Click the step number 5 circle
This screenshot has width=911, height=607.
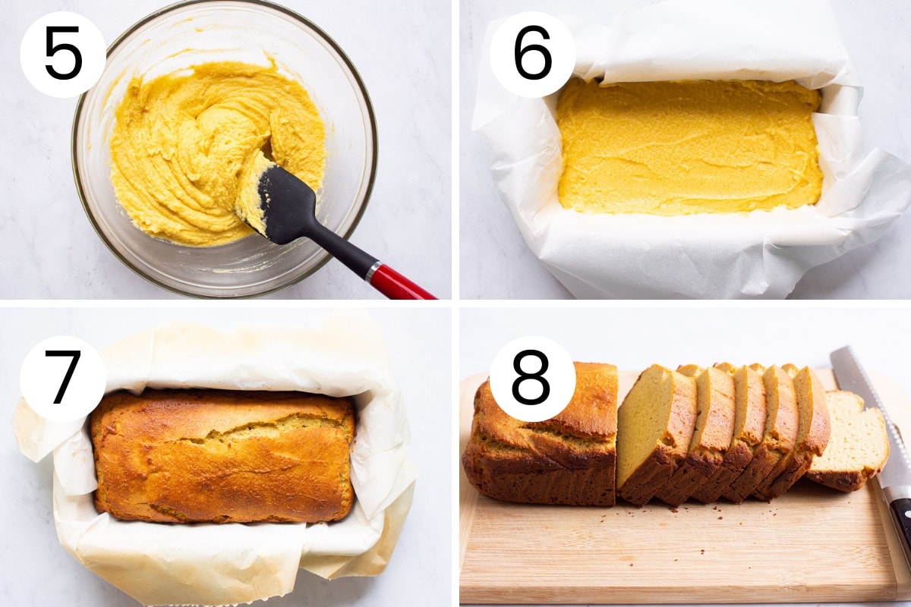point(63,54)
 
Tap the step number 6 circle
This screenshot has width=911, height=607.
point(532,54)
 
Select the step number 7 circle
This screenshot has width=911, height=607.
point(63,378)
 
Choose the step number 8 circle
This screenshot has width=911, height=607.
point(532,378)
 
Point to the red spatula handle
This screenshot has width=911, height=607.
point(402,285)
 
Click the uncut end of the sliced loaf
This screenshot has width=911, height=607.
point(539,448)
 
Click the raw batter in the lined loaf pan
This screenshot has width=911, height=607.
point(687,148)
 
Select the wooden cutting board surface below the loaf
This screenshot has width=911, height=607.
point(668,554)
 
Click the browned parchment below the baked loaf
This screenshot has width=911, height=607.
point(228,561)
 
